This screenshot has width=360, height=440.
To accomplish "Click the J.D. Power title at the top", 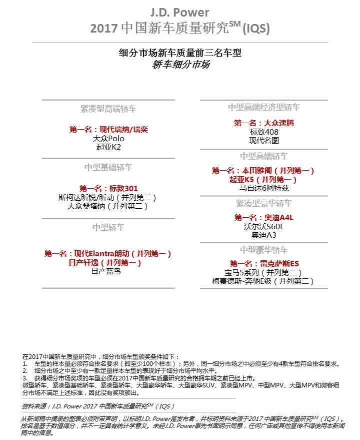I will tap(179, 13).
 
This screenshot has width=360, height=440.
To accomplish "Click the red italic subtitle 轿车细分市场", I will tap(180, 65).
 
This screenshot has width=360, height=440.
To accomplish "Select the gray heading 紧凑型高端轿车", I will tap(108, 109).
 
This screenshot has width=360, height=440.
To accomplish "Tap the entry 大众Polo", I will tap(108, 138).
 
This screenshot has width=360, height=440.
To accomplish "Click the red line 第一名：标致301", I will tap(108, 188).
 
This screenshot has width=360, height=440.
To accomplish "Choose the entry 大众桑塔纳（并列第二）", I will tap(108, 206).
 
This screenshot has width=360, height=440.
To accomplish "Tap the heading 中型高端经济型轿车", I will tap(264, 107).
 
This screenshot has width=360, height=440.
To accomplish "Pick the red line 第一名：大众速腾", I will tap(263, 123).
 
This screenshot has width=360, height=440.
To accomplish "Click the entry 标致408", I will tap(264, 132).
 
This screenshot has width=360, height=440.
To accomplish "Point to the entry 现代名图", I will tap(264, 141).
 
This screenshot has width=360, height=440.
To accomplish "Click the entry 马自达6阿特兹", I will tap(263, 188).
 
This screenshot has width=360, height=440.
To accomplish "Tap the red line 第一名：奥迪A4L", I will tap(263, 218).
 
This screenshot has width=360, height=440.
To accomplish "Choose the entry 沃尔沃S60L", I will tap(263, 227).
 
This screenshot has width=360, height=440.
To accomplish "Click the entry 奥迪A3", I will tap(263, 235).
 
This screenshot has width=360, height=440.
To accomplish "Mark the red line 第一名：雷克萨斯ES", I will tap(264, 263).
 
